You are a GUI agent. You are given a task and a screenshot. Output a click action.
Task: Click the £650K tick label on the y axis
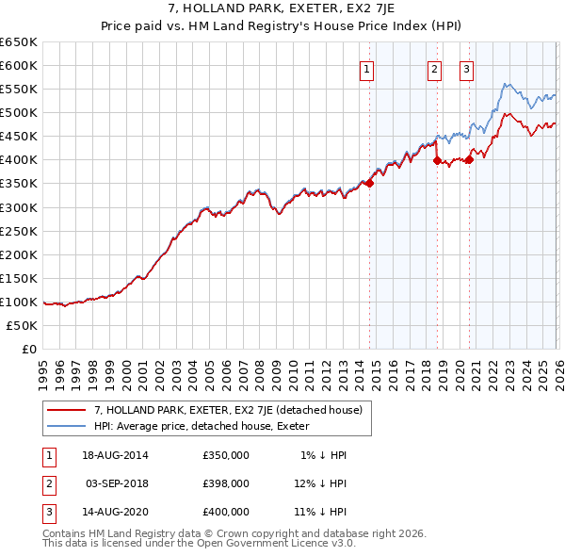19,42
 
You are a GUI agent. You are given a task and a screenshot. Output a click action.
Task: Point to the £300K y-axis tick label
19,207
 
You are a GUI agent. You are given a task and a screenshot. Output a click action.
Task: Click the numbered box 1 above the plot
365,68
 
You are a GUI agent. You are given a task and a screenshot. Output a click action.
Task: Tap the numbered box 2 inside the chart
434,68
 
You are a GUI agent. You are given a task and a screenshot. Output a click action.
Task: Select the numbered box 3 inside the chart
466,68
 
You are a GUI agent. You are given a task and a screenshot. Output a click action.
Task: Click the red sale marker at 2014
369,184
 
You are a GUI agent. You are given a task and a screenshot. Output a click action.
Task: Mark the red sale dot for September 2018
437,161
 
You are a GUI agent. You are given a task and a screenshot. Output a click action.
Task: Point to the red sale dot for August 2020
469,160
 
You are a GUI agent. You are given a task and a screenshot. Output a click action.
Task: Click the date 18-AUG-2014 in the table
116,455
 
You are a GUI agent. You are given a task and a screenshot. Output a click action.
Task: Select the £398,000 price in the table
226,483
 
